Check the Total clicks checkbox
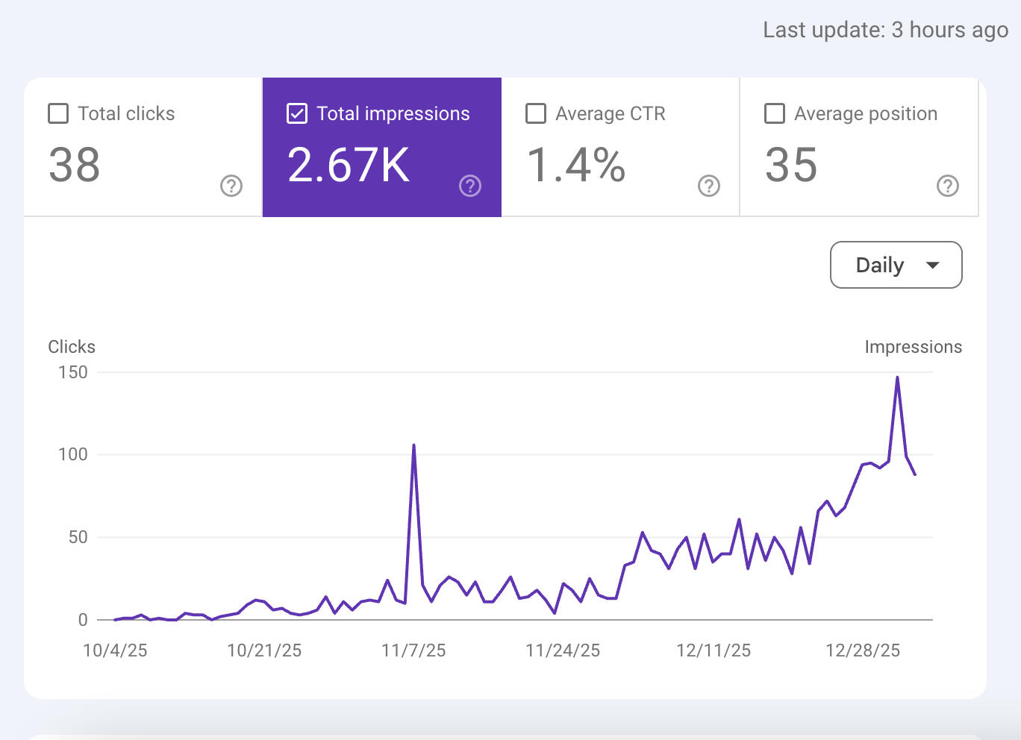click(58, 113)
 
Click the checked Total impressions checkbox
click(297, 113)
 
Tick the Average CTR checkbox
click(536, 113)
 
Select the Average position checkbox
click(775, 113)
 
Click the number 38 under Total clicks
click(74, 165)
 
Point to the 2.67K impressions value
click(349, 165)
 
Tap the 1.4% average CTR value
click(575, 165)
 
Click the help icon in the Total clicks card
click(231, 186)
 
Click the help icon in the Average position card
click(948, 186)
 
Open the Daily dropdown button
click(895, 265)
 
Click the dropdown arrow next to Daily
click(932, 265)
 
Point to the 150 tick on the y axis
click(73, 372)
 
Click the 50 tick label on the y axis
click(78, 537)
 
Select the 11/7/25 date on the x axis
click(413, 650)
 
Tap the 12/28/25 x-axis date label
click(863, 650)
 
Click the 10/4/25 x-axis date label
click(115, 650)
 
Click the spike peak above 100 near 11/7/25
click(413, 445)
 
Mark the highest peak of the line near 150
click(897, 377)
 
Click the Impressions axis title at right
click(913, 347)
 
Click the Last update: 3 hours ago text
click(885, 30)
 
